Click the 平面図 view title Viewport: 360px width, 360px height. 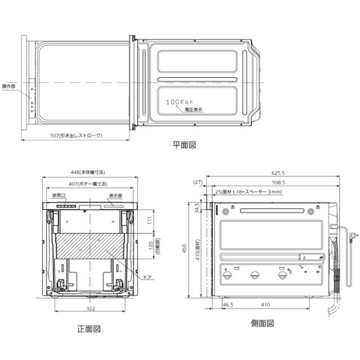pyautogui.click(x=184, y=145)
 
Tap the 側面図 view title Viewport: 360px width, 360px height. pyautogui.click(x=263, y=323)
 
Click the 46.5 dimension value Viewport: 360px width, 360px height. pyautogui.click(x=228, y=304)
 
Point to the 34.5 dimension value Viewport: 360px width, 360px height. pyautogui.click(x=196, y=209)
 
